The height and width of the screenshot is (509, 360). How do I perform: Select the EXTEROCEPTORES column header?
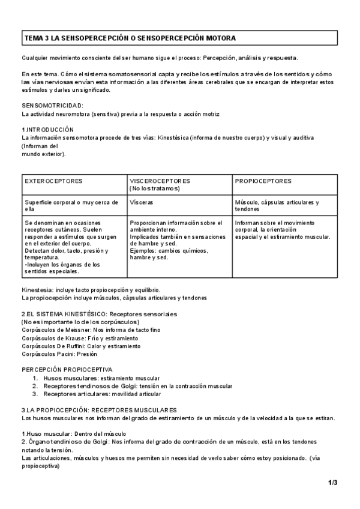point(54,181)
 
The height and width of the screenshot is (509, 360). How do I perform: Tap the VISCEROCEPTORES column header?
point(160,181)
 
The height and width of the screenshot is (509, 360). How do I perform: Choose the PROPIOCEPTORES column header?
point(263,181)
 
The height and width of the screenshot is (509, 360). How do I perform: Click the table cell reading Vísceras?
point(142,203)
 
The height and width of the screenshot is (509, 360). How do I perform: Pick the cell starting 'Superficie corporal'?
point(71,206)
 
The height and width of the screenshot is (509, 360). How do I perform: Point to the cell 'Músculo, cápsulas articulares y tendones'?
point(277,206)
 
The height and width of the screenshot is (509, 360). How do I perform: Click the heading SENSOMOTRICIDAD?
point(53,106)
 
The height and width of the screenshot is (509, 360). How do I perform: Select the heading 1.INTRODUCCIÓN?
point(48,130)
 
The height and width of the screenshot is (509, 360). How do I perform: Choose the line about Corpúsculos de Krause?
point(80,338)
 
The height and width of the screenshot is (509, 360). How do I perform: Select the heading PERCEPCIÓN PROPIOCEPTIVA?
point(67,370)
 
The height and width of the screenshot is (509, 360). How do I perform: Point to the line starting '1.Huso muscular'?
point(74,433)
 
